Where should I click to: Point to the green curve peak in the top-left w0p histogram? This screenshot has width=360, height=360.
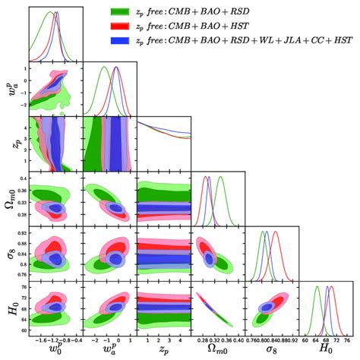(x=49, y=12)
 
